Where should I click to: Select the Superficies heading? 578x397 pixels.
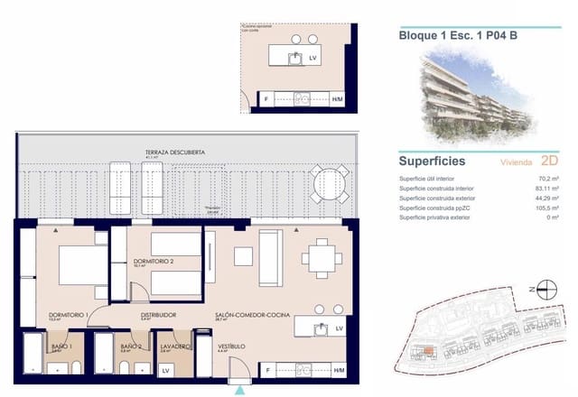click(432, 162)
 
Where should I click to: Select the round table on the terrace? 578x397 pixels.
click(326, 184)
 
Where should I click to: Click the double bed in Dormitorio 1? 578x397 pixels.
click(83, 265)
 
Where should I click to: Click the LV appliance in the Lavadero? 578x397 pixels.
click(165, 370)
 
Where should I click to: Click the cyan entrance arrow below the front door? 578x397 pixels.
click(239, 390)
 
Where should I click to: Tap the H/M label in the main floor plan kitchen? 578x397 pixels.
click(338, 370)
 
